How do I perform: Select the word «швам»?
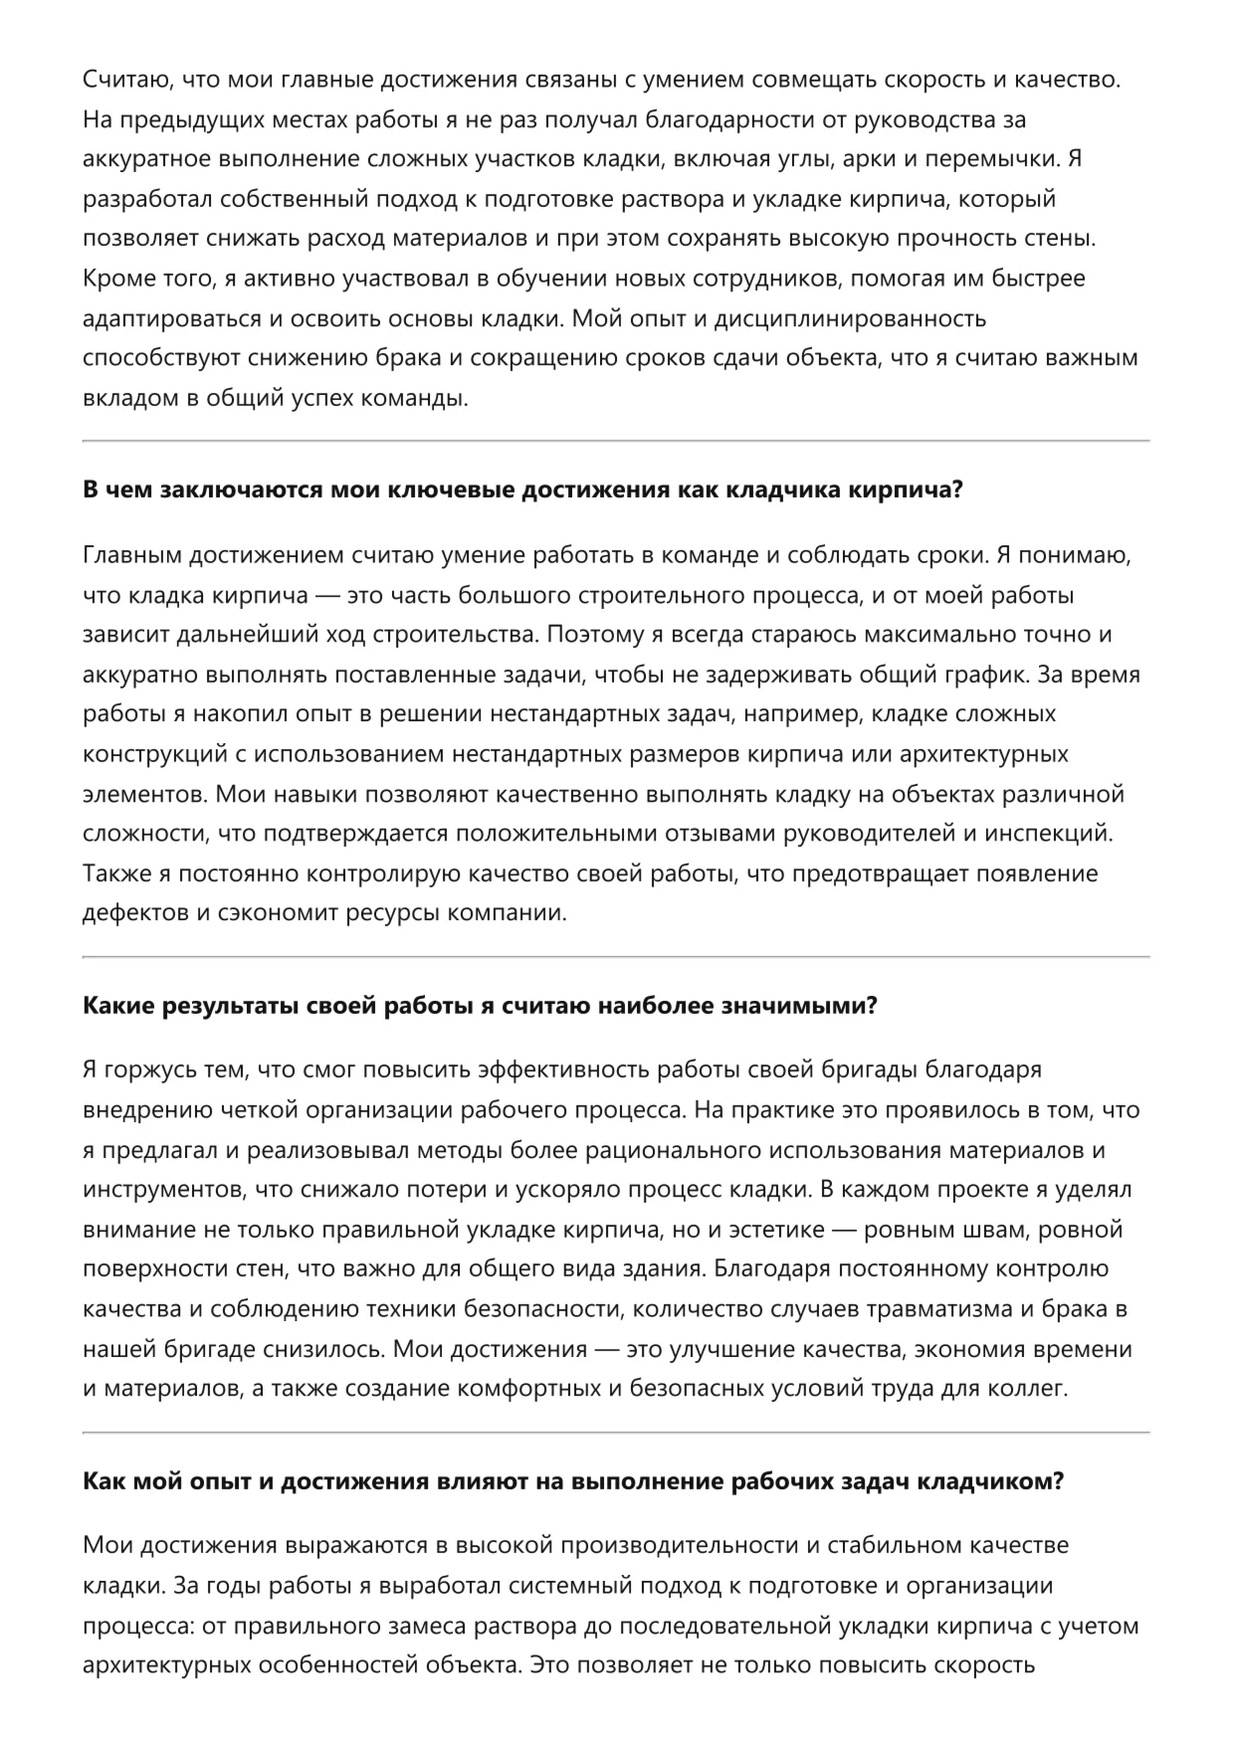coord(1001,1230)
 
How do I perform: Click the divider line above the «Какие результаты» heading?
coord(616,957)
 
